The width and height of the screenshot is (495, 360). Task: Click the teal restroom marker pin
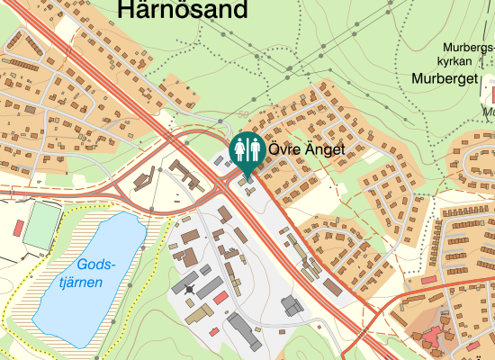tap(247, 150)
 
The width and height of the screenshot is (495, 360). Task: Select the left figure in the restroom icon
tap(240, 148)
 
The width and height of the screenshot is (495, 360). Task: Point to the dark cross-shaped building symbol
tap(189, 289)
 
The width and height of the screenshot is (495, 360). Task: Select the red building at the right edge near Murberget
tap(491, 94)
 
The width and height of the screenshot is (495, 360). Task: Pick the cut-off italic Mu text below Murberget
tap(489, 113)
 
